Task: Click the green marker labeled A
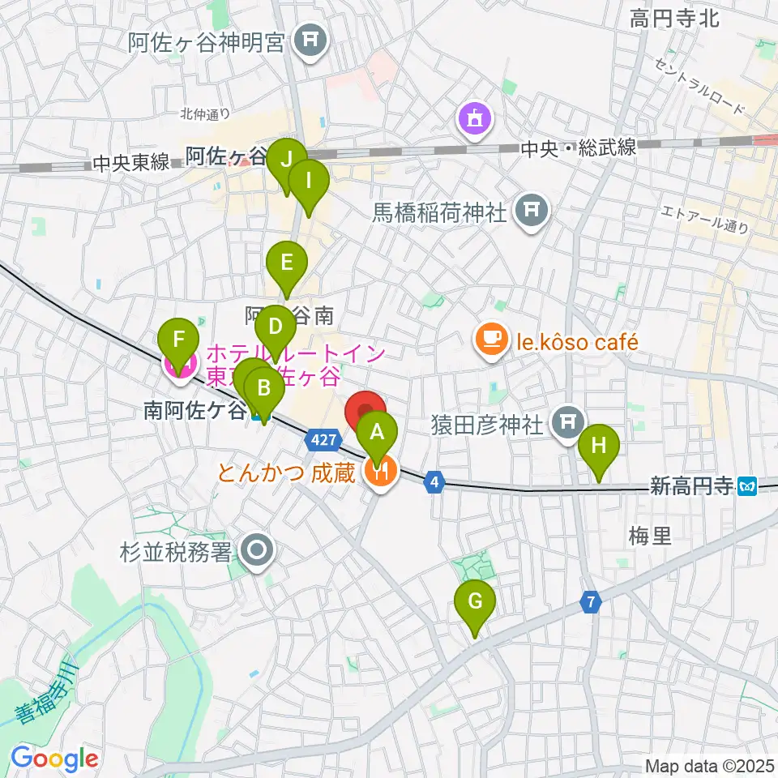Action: [x=377, y=432]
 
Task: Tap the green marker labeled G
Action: [x=476, y=602]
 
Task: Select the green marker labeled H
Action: [x=599, y=445]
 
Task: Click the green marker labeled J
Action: [x=287, y=160]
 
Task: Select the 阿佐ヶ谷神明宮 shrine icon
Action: [x=309, y=38]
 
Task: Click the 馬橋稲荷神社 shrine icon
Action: [x=531, y=212]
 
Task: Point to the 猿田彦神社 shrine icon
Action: [x=567, y=421]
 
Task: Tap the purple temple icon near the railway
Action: [x=473, y=121]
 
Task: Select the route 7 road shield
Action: [x=592, y=603]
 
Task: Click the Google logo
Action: [x=54, y=758]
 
